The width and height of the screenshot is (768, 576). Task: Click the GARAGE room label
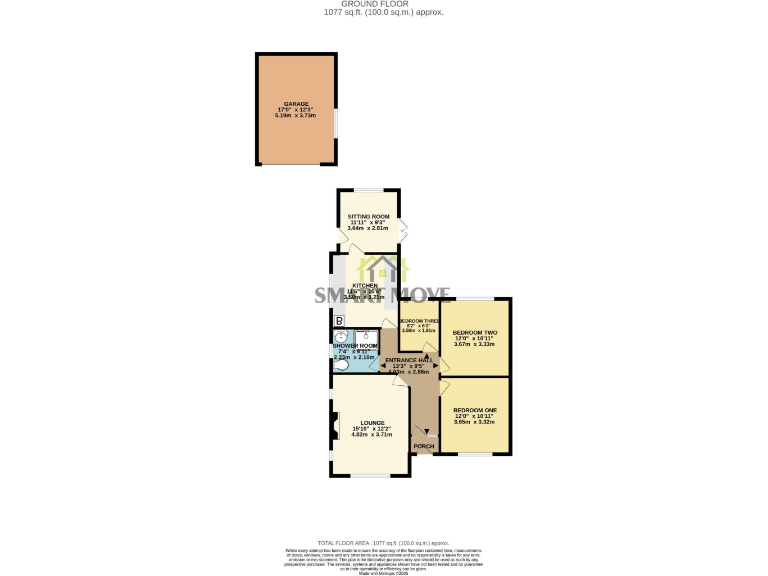[x=295, y=103]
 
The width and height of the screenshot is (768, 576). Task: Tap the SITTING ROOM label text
[x=367, y=216]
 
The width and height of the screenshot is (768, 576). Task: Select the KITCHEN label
[x=363, y=285]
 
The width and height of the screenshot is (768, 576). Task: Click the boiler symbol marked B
[x=339, y=321]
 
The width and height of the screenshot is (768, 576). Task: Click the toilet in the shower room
[x=340, y=365]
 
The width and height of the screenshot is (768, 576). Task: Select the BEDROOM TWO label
[x=474, y=332]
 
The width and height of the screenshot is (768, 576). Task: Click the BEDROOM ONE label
[x=474, y=410]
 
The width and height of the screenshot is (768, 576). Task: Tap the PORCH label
[x=423, y=445]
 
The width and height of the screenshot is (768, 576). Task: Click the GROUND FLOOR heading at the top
[x=383, y=4]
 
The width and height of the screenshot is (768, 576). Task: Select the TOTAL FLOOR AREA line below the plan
[x=383, y=541]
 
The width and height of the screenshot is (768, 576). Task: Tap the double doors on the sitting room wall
[x=402, y=229]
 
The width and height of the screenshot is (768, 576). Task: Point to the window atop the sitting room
[x=368, y=190]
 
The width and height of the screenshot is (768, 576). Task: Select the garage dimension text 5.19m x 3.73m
[x=295, y=115]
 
